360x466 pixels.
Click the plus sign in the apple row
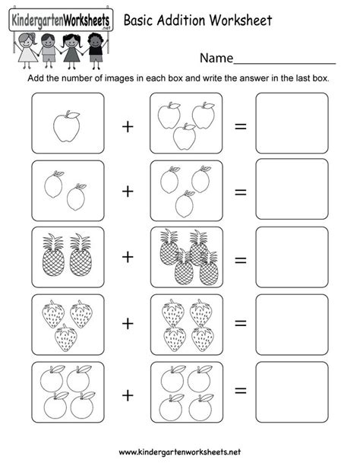(128, 126)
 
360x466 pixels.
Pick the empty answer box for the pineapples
(292, 257)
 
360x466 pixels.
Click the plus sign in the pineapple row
(128, 258)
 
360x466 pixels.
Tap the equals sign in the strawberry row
(241, 325)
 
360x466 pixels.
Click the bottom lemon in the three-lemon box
(185, 204)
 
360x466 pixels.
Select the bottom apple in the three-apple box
(184, 138)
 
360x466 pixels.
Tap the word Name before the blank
(215, 59)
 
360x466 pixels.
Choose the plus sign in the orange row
(128, 395)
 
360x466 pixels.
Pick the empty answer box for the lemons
(292, 189)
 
